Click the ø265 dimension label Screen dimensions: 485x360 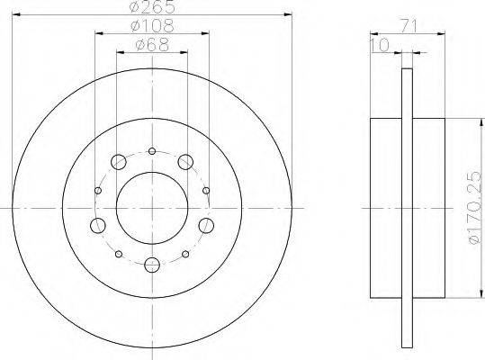152,7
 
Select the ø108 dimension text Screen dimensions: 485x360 152,26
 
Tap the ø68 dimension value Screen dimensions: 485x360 152,45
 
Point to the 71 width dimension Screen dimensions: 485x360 409,26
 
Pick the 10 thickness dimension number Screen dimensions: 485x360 379,45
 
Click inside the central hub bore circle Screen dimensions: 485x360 152,208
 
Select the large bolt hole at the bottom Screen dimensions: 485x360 152,265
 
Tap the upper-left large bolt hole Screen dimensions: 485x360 119,162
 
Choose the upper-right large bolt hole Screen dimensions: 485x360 185,162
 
